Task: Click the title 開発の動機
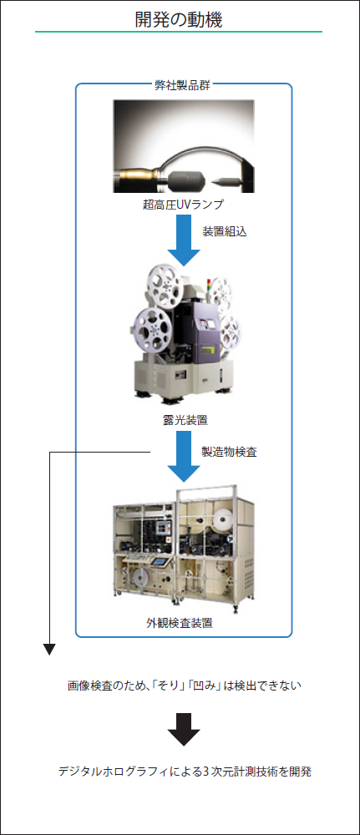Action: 179,19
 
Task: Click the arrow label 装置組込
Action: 224,232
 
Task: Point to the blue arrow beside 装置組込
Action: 184,240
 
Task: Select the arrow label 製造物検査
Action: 229,452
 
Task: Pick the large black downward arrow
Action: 184,729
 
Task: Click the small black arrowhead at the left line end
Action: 49,649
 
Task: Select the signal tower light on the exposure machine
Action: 210,286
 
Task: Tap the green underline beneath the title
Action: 179,32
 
